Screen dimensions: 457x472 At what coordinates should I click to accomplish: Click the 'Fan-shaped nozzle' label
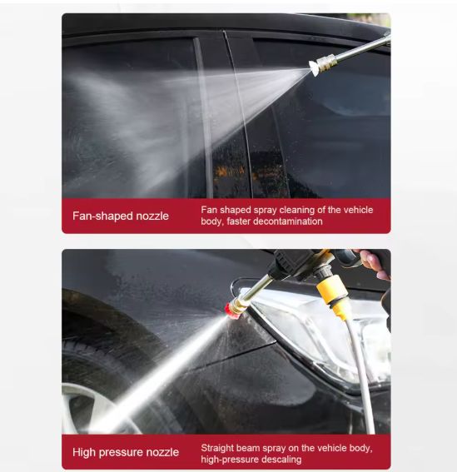[x=121, y=216]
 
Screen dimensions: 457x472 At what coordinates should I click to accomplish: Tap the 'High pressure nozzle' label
[x=126, y=452]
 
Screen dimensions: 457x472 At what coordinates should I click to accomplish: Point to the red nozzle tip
[x=228, y=309]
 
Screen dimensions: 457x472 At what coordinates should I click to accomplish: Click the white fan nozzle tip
[x=313, y=68]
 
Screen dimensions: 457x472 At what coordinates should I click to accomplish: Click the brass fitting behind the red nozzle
[x=236, y=306]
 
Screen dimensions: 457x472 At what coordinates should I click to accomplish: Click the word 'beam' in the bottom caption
[x=248, y=448]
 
